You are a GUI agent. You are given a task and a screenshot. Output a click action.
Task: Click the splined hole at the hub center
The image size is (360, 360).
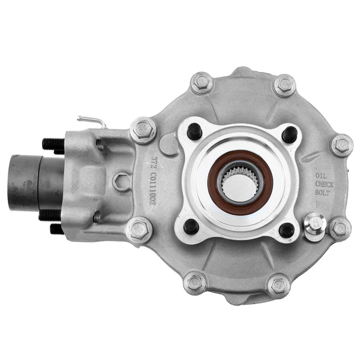[239, 182]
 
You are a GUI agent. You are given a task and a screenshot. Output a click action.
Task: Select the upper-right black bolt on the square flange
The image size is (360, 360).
[289, 134]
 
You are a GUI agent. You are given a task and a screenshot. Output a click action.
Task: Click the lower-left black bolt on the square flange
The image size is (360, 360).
[191, 227]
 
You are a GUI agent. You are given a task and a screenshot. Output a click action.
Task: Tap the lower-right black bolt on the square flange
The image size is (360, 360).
[286, 230]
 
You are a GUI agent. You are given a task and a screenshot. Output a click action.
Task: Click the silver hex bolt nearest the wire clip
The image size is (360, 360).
[143, 129]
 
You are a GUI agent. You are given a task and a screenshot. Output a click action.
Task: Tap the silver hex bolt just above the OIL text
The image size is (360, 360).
[341, 145]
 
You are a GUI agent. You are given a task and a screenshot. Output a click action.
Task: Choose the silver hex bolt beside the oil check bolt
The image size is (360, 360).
[340, 228]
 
